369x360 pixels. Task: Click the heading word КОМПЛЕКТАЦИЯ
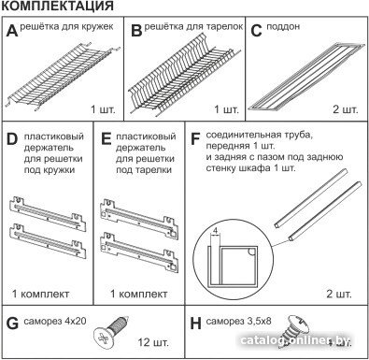[x=57, y=6]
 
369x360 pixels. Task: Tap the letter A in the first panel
[x=12, y=31]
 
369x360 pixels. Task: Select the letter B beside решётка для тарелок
[x=136, y=31]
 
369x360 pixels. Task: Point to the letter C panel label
[x=256, y=31]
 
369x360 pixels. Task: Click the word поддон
[x=283, y=27]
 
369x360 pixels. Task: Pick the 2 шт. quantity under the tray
[x=346, y=109]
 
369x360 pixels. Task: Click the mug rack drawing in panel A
[x=63, y=77]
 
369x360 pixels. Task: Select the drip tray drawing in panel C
[x=306, y=77]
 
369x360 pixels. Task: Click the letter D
[x=12, y=139]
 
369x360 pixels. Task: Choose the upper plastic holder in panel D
[x=48, y=212]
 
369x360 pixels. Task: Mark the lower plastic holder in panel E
[x=139, y=252]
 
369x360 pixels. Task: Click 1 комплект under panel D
[x=40, y=294]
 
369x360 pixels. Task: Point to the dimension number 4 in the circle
[x=215, y=231]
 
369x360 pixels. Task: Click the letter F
[x=194, y=139]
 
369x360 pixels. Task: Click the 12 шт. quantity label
[x=153, y=342]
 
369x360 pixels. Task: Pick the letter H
[x=195, y=324]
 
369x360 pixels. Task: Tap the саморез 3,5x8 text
[x=238, y=321]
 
